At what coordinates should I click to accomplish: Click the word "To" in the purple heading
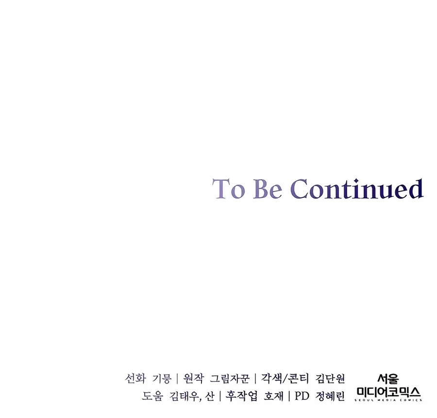(229, 189)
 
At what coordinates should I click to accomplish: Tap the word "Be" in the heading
(268, 189)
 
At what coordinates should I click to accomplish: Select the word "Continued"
(357, 189)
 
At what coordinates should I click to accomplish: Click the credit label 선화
(135, 379)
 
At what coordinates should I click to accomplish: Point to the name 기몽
(162, 379)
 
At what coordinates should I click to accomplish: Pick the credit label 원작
(193, 379)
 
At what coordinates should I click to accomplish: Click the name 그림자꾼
(229, 379)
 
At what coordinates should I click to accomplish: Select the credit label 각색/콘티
(285, 379)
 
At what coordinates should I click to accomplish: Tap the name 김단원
(330, 379)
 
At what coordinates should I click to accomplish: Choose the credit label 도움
(152, 396)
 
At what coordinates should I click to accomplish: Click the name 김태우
(184, 396)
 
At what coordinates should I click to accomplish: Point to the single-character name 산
(210, 396)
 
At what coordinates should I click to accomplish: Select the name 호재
(273, 396)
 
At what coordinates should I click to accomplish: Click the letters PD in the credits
(302, 396)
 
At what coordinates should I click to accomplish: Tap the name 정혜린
(330, 396)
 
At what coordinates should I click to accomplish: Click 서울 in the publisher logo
(388, 379)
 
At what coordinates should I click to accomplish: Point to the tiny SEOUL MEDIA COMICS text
(388, 400)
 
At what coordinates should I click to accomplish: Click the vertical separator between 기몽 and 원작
(177, 379)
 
